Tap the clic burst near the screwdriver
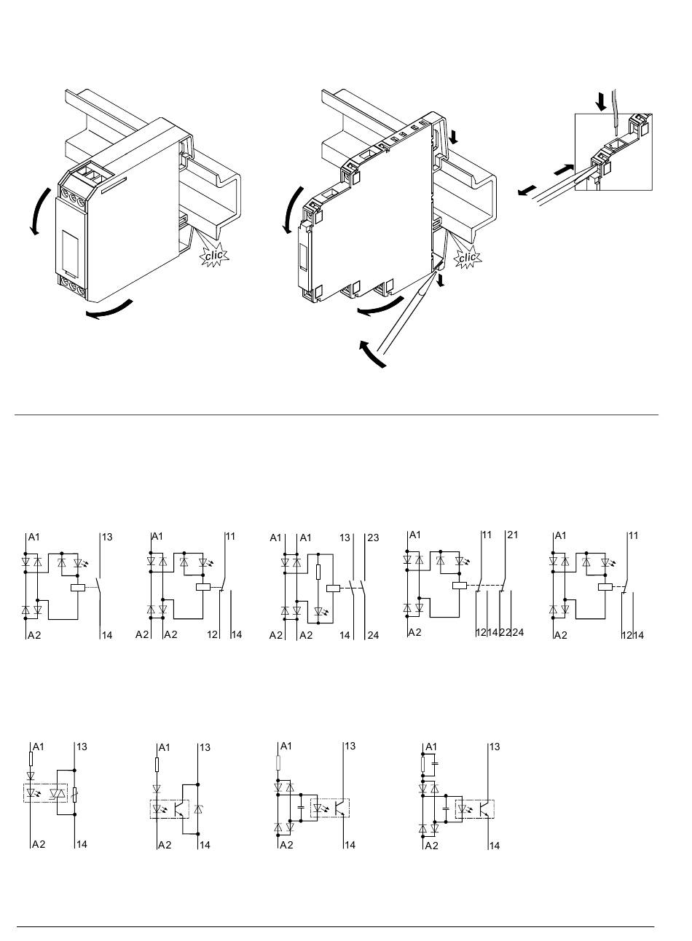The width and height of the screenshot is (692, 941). pos(467,257)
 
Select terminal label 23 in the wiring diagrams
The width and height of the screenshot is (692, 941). pos(373,538)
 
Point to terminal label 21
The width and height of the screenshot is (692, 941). pos(512,535)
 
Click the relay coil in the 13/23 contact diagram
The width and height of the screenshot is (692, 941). pos(333,588)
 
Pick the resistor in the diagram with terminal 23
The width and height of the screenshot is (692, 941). pos(318,570)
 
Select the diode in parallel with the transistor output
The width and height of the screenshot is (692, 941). pos(200,809)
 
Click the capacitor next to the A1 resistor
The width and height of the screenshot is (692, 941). pos(436,763)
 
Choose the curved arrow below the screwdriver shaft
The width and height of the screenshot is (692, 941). pos(372,353)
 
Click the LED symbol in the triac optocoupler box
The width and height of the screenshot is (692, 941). pos(32,792)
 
